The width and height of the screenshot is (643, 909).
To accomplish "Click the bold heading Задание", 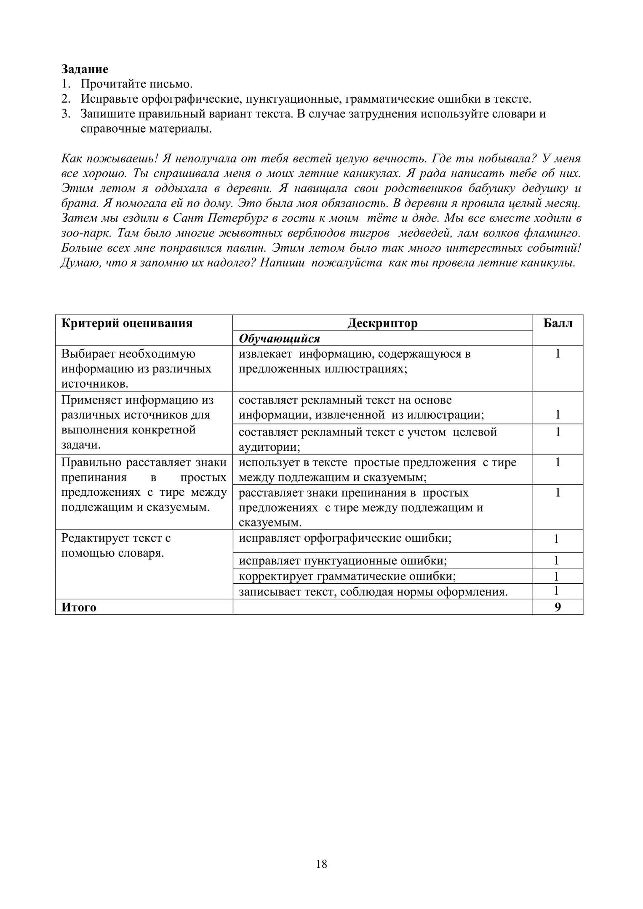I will [x=85, y=69].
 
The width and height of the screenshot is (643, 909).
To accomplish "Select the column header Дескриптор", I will [x=382, y=323].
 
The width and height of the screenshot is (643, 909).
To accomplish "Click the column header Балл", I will [x=558, y=323].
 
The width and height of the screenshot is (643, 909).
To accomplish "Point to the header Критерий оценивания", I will [x=127, y=323].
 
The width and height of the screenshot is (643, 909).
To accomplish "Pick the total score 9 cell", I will [x=558, y=607].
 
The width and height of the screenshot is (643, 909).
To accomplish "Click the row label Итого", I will [x=79, y=607].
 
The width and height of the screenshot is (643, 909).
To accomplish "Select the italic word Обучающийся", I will [x=279, y=339].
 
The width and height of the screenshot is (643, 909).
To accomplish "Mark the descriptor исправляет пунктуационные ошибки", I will [x=343, y=561].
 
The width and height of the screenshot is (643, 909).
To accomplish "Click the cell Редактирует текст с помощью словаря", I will [x=116, y=545].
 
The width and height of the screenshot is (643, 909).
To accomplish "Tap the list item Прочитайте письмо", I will [x=136, y=84].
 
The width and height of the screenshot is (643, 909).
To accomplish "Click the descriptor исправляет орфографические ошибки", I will [x=345, y=538].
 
